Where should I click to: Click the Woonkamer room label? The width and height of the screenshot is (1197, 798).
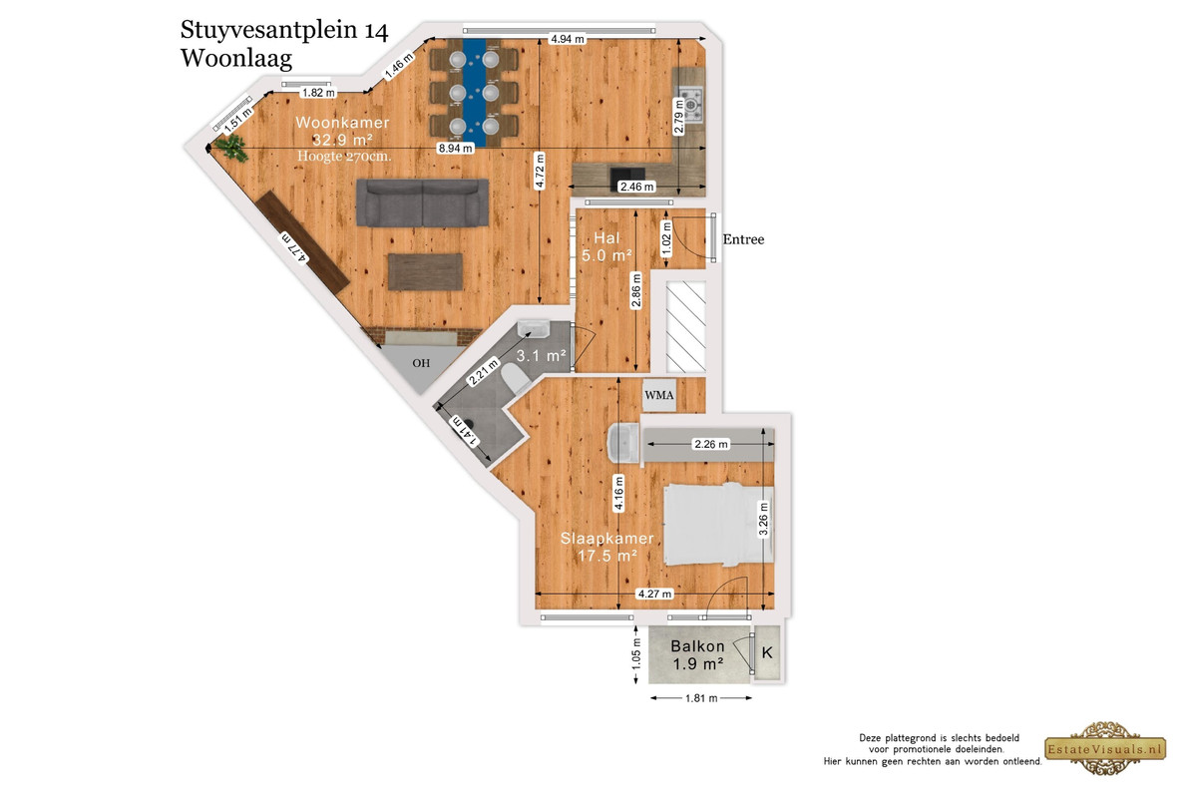[x=342, y=123]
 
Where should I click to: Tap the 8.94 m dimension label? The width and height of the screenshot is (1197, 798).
[x=456, y=148]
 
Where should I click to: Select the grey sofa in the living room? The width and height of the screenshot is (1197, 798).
[x=422, y=202]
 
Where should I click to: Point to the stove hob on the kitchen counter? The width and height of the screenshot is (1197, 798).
[x=690, y=105]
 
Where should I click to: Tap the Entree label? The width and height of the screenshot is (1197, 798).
[x=743, y=239]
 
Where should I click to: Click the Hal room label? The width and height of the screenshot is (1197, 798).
[x=607, y=238]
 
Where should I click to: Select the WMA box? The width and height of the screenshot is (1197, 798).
[x=659, y=395]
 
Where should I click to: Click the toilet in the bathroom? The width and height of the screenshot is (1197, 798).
[x=515, y=377]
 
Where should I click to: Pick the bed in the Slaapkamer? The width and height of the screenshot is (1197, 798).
[x=718, y=525]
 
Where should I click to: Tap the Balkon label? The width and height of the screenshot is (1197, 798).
[x=697, y=646]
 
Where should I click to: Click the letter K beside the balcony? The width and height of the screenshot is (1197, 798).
[x=767, y=652]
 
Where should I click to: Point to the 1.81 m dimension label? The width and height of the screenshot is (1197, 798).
[x=701, y=698]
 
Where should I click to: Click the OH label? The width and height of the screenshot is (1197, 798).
[x=421, y=363]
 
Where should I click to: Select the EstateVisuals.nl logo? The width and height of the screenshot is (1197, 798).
[x=1105, y=749]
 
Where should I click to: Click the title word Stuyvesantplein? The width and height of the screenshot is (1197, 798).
[x=268, y=30]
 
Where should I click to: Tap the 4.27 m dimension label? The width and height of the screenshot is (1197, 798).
[x=654, y=594]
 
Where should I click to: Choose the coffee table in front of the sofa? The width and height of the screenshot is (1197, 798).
[x=425, y=272]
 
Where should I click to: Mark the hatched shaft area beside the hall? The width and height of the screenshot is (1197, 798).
[x=686, y=326]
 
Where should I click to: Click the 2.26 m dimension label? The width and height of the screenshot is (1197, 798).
[x=710, y=444]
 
